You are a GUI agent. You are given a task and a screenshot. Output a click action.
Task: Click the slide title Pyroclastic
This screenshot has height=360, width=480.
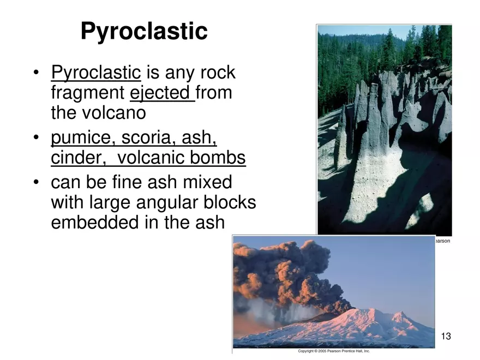click(144, 32)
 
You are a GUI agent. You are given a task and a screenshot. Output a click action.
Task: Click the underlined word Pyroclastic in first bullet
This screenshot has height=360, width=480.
click(96, 73)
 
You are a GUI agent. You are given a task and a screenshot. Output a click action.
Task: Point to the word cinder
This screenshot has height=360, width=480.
click(78, 157)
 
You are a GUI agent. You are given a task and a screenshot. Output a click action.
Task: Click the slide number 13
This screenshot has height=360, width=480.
click(446, 336)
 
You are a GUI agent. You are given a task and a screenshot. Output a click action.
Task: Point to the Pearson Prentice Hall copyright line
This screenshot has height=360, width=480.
click(334, 351)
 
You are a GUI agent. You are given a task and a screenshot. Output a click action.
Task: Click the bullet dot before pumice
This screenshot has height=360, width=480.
click(37, 137)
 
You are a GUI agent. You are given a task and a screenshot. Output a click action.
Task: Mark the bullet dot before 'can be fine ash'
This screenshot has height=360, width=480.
click(37, 182)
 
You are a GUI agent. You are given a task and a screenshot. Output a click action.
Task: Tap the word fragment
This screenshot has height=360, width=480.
click(88, 93)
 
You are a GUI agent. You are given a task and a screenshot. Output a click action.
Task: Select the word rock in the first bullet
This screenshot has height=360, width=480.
click(218, 73)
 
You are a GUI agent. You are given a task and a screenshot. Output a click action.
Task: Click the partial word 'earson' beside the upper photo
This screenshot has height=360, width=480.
click(443, 241)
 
